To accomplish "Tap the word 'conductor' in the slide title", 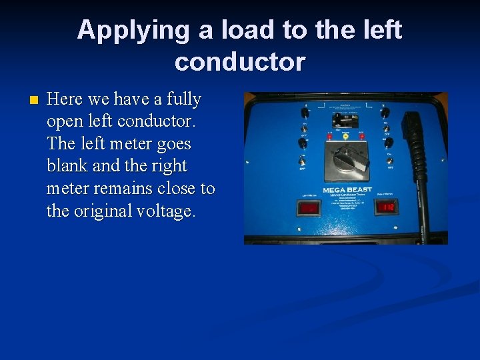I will coord(240,61).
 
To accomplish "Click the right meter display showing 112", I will coord(387,208).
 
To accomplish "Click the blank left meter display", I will coord(308,209).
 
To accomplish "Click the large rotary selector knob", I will coord(347,158).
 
